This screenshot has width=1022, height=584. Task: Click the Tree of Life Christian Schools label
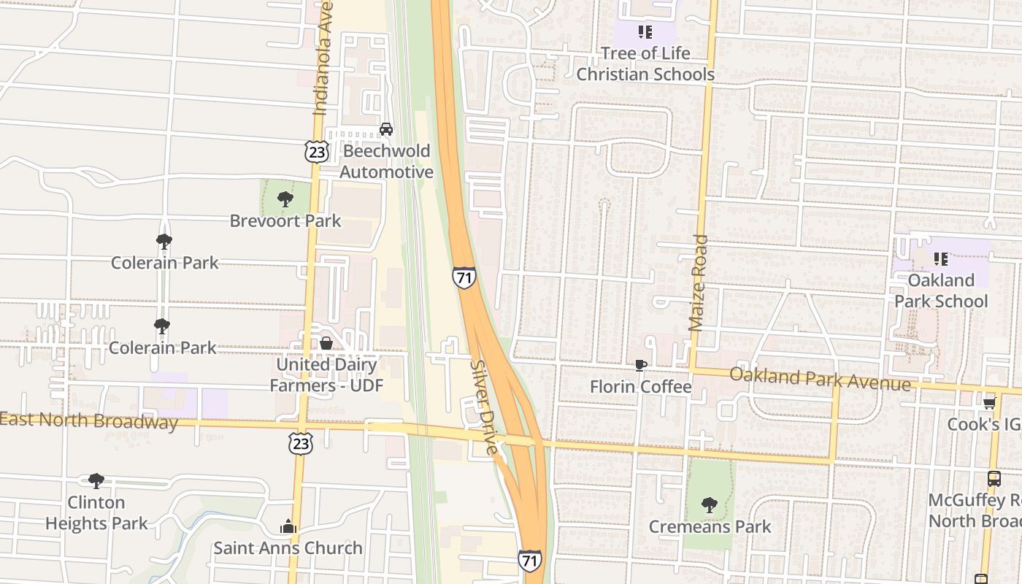[x=645, y=64]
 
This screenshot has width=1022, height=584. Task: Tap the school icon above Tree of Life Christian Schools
[x=645, y=32]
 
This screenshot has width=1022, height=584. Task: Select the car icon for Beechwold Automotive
[x=386, y=129]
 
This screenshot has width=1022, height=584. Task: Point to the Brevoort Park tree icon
[x=285, y=199]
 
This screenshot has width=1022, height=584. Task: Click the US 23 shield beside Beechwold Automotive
[x=317, y=151]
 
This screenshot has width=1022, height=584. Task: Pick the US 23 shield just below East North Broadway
[x=301, y=443]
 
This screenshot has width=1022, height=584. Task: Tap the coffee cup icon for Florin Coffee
[x=640, y=365]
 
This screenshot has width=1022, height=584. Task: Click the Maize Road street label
[x=699, y=283]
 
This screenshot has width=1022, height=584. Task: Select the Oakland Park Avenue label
[x=820, y=379]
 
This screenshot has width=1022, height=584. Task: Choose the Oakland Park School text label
[x=941, y=291]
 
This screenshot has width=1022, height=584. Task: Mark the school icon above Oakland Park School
[x=941, y=258]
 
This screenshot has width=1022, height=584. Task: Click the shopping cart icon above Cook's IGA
[x=989, y=403]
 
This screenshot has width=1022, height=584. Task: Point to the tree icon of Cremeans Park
[x=709, y=504]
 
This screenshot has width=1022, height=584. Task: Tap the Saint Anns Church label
[x=288, y=547]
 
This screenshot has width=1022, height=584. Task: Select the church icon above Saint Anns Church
[x=288, y=526]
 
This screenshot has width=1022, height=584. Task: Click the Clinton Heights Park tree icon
[x=96, y=480]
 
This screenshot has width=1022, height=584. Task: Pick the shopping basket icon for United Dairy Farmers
[x=326, y=342]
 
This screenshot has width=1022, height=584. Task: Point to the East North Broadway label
[x=89, y=421]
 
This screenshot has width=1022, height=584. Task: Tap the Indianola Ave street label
[x=323, y=58]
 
